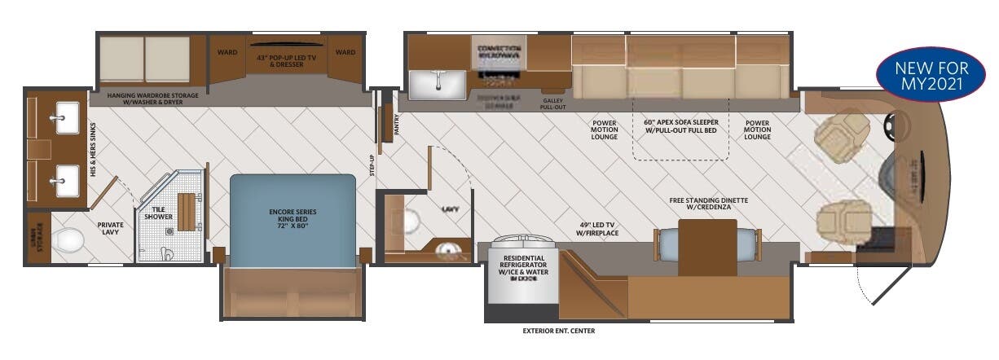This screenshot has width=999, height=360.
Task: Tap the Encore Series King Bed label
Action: click(x=293, y=217)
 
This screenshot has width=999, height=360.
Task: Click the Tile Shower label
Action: click(x=160, y=212)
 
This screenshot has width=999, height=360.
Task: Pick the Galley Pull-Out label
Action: click(x=553, y=103)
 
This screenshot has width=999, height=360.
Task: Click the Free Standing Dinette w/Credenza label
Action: click(x=708, y=204)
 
